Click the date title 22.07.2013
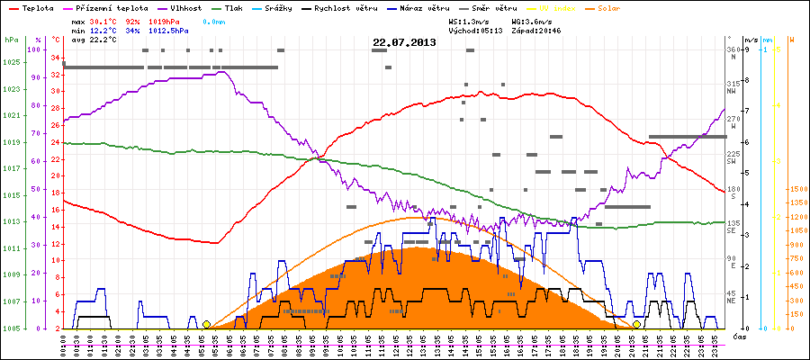click(404, 42)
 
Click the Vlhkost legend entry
click(185, 8)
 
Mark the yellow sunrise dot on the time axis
click(206, 324)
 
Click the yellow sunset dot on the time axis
click(636, 324)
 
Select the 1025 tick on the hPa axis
click(11, 62)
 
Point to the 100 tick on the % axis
click(35, 49)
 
